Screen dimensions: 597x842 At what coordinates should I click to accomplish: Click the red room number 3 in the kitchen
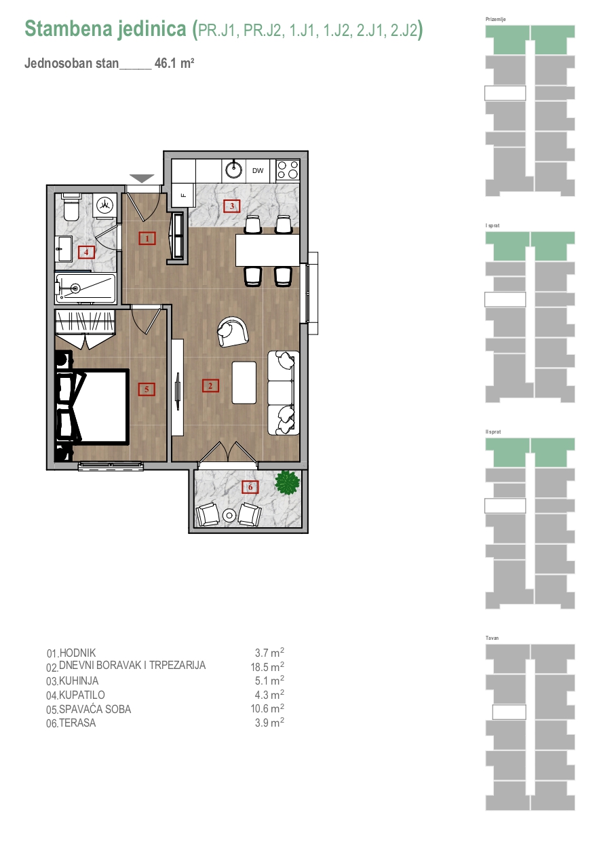[231, 206]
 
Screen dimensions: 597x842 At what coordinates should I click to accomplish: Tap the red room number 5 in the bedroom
[147, 389]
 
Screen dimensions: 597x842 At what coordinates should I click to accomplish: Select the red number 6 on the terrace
[250, 487]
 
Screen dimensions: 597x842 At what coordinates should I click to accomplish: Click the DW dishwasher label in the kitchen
[258, 171]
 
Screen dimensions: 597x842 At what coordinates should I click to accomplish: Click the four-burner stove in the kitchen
[288, 170]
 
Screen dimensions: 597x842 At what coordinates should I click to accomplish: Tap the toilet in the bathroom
[71, 208]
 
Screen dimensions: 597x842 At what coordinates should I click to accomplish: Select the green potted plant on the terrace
[288, 483]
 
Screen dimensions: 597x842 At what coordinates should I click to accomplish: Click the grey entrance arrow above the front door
[142, 178]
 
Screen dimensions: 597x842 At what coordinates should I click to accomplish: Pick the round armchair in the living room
[233, 332]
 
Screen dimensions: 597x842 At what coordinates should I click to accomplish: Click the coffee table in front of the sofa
[244, 383]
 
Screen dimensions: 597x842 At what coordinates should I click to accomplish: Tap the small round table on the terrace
[229, 516]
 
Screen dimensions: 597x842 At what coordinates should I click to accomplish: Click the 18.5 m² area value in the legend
[267, 667]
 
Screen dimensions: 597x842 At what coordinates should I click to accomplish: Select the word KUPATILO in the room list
[82, 695]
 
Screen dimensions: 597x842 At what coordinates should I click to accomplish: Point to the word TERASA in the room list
[77, 723]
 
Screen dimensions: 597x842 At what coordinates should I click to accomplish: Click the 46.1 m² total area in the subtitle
[174, 63]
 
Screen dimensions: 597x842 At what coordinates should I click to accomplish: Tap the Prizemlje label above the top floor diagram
[495, 19]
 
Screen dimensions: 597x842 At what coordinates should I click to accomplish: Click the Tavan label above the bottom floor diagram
[492, 638]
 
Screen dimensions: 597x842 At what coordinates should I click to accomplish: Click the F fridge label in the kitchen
[183, 195]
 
